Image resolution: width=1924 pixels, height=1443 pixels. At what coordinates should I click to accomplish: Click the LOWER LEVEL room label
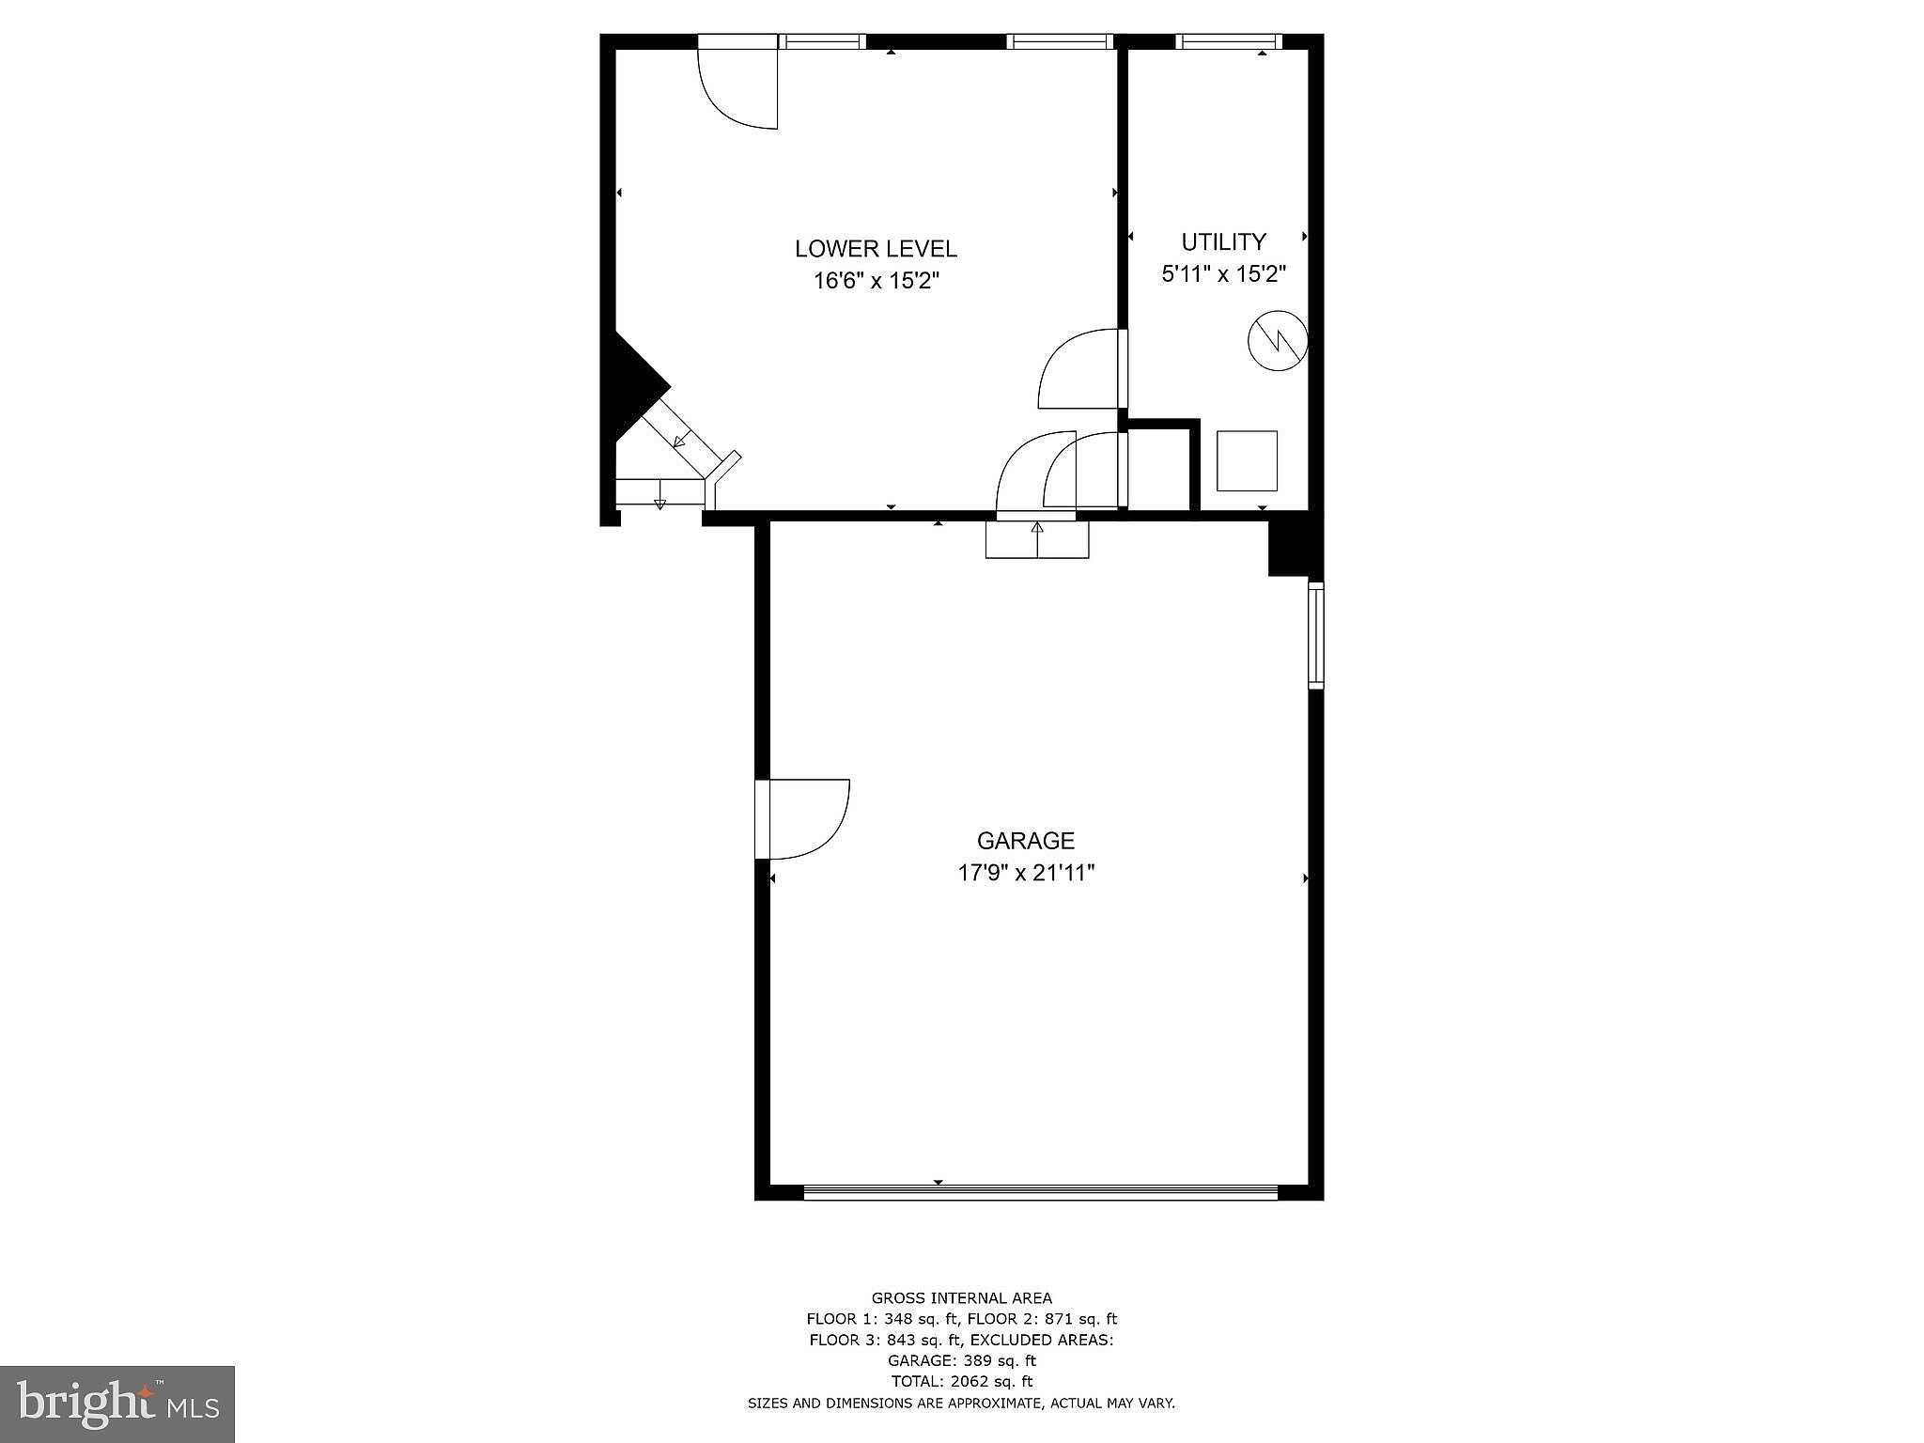click(876, 249)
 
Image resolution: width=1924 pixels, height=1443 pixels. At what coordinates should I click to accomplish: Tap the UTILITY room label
click(1223, 242)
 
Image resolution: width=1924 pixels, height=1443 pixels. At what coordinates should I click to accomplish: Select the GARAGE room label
click(1026, 841)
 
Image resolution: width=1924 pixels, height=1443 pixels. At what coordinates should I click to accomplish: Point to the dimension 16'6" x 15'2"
click(876, 281)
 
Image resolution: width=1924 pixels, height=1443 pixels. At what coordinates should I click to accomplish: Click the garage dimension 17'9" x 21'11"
click(1026, 873)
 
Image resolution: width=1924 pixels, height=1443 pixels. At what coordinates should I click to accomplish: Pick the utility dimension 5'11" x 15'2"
click(1223, 274)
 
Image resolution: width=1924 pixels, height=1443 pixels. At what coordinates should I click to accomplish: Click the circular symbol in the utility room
click(1278, 340)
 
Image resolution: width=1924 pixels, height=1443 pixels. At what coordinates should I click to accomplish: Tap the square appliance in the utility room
click(1247, 460)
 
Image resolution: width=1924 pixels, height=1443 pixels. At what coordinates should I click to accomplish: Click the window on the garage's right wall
click(1316, 636)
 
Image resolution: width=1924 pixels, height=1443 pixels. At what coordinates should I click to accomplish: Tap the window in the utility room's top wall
click(1229, 41)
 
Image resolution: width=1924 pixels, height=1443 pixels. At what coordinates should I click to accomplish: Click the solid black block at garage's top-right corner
click(1296, 548)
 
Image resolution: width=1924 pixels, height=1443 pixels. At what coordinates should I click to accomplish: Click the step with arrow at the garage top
click(1037, 539)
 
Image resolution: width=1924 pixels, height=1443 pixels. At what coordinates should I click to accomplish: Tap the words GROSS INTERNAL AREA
click(962, 1298)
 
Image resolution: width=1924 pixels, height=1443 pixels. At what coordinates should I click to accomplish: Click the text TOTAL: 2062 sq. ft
click(962, 1381)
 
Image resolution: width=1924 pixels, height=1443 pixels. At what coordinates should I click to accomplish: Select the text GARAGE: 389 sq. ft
click(962, 1360)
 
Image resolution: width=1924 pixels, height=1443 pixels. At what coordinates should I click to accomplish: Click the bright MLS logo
click(117, 1404)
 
